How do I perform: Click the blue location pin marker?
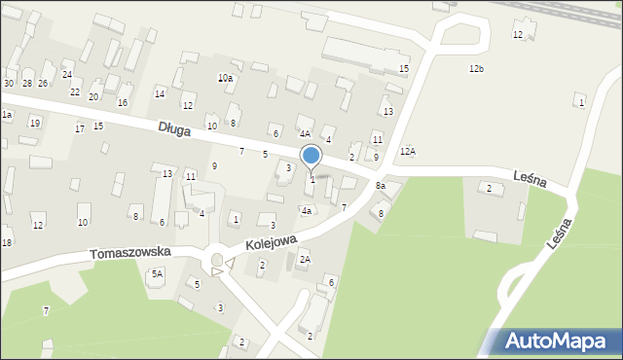pyautogui.click(x=311, y=156)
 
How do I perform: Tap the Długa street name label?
pyautogui.click(x=175, y=127)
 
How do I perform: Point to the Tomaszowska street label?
pyautogui.click(x=130, y=252)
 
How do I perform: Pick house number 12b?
pyautogui.click(x=476, y=68)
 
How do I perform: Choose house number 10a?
pyautogui.click(x=225, y=78)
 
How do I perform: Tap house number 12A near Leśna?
pyautogui.click(x=407, y=151)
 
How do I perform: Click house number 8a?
pyautogui.click(x=381, y=186)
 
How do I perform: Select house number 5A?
pyautogui.click(x=157, y=274)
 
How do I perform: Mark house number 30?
pyautogui.click(x=9, y=84)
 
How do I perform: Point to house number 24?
pyautogui.click(x=67, y=74)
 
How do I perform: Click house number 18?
pyautogui.click(x=6, y=241)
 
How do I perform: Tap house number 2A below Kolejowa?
pyautogui.click(x=305, y=260)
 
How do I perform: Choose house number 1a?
pyautogui.click(x=6, y=115)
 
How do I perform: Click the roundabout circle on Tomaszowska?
pyautogui.click(x=217, y=260)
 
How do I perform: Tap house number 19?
pyautogui.click(x=34, y=123)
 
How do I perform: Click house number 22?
pyautogui.click(x=75, y=91)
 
